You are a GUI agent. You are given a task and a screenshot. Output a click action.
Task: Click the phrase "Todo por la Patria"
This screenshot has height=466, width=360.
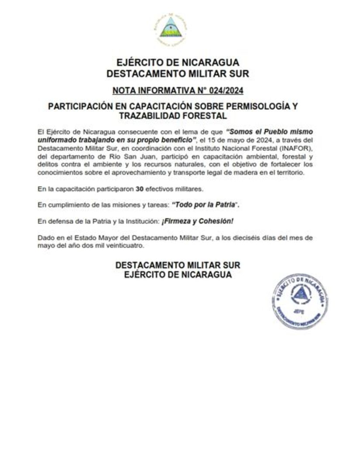pyautogui.click(x=206, y=205)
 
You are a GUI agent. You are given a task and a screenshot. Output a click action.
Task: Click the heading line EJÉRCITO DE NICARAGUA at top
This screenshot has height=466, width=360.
pyautogui.click(x=178, y=63)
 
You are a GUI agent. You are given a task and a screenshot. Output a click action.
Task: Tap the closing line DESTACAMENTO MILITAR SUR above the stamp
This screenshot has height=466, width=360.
pyautogui.click(x=178, y=265)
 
